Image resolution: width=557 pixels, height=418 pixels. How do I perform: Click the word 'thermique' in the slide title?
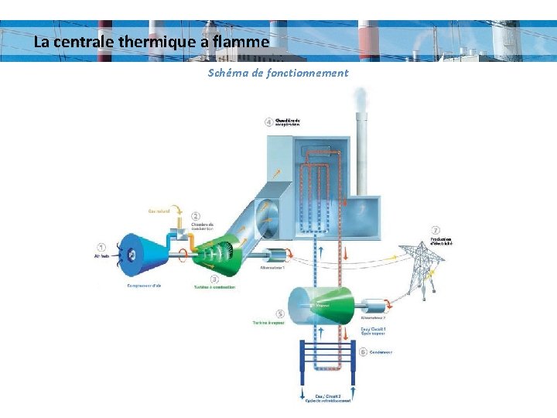point(159,42)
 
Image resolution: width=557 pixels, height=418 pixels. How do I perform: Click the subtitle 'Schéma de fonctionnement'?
point(278,73)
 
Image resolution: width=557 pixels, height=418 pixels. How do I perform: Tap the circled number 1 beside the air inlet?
point(102,248)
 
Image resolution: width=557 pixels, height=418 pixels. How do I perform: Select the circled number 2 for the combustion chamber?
point(196,217)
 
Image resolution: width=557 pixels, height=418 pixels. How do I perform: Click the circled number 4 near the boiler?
point(268,122)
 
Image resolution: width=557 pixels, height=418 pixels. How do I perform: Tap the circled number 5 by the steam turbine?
point(279,313)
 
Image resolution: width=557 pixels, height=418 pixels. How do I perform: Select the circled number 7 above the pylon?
point(436,231)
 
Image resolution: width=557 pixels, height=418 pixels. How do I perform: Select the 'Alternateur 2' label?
point(373,318)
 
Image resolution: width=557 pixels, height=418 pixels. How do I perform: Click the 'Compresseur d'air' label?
point(144,286)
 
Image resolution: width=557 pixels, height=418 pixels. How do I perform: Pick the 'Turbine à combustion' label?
point(215,287)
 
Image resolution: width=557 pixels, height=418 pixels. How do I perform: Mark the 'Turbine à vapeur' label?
point(268,322)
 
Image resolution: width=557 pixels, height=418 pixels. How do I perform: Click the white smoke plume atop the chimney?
point(360,99)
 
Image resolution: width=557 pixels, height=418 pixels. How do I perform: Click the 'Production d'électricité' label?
point(446,241)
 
